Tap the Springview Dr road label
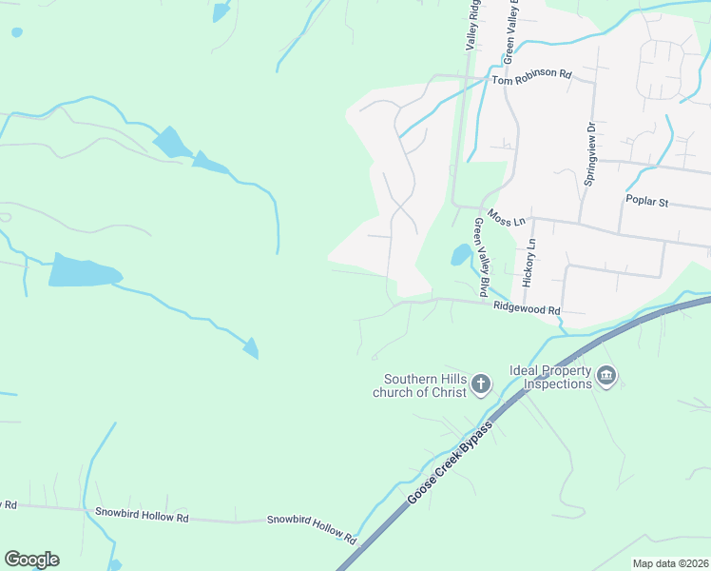pyautogui.click(x=589, y=154)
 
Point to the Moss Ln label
pyautogui.click(x=506, y=217)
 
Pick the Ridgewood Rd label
pyautogui.click(x=527, y=309)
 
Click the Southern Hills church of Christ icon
pyautogui.click(x=481, y=384)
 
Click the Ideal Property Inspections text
pyautogui.click(x=550, y=377)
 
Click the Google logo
pyautogui.click(x=31, y=560)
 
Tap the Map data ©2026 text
pyautogui.click(x=670, y=563)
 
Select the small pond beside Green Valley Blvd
pyautogui.click(x=460, y=255)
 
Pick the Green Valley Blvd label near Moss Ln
pyautogui.click(x=482, y=257)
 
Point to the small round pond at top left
pyautogui.click(x=16, y=32)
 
